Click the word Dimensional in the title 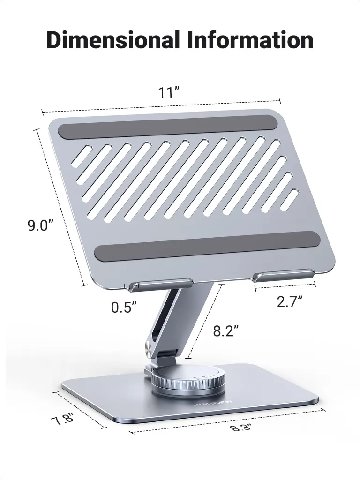113,40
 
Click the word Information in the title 250,40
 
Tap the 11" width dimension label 168,92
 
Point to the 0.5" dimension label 124,307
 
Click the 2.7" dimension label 290,301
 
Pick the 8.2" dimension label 225,331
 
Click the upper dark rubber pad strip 168,127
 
